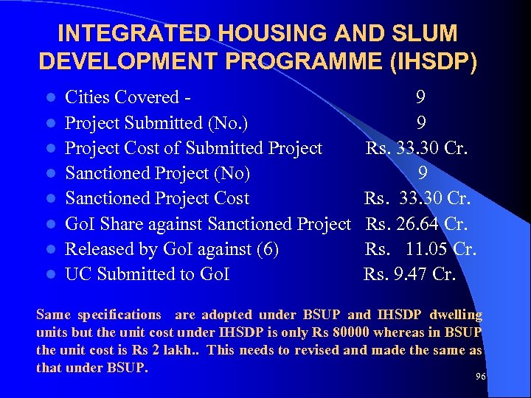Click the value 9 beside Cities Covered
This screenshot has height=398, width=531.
[420, 97]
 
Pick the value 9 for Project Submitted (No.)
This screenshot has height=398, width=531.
[420, 122]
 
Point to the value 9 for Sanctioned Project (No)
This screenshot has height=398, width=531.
[423, 173]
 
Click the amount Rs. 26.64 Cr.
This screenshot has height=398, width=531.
[417, 223]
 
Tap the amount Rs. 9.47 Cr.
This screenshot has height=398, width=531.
[410, 274]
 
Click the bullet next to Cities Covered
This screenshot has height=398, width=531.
[48, 98]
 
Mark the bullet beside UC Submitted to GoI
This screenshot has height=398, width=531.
[48, 275]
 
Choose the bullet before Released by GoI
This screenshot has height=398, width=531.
[48, 250]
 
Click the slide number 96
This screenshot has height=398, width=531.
[481, 377]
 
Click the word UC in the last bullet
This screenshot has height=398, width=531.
[79, 274]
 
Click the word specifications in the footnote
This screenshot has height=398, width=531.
[115, 315]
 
